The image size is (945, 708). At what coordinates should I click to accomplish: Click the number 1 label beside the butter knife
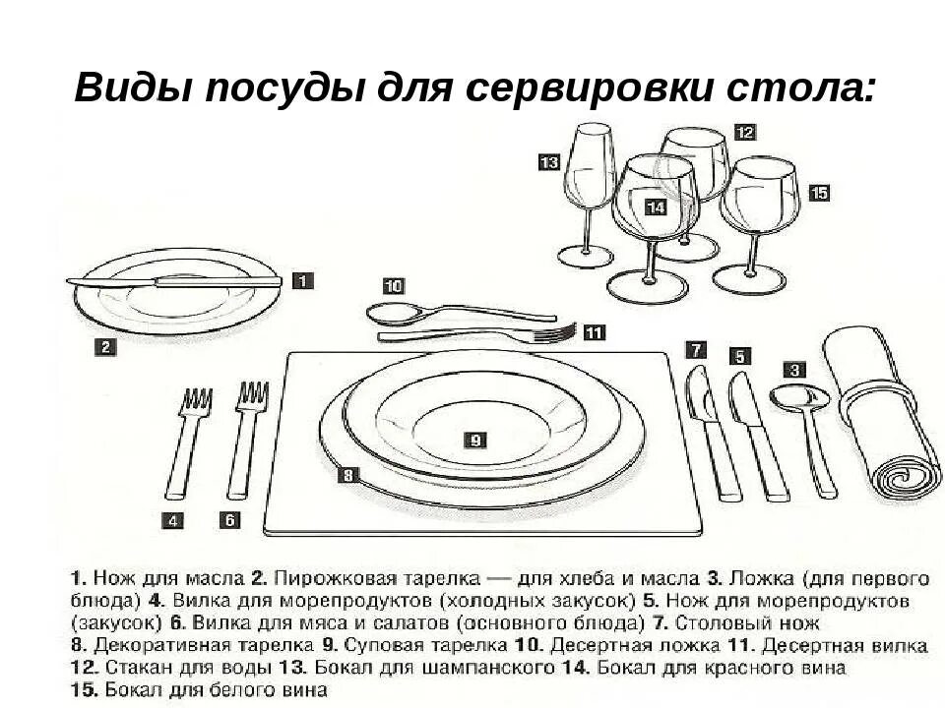point(303,280)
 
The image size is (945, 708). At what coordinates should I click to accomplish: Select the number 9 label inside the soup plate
point(474,441)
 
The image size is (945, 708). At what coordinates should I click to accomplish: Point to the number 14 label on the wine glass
point(656,206)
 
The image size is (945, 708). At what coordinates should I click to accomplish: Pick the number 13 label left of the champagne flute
point(548,162)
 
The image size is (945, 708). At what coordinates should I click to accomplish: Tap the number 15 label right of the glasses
point(819,193)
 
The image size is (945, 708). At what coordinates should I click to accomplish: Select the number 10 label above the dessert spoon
point(393,286)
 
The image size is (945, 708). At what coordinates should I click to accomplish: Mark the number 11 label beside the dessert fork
point(594,332)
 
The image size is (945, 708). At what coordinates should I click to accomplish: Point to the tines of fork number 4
point(196,401)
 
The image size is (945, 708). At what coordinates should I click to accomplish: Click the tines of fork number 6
point(252,395)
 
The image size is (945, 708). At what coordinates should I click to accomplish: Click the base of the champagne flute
point(585,257)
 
